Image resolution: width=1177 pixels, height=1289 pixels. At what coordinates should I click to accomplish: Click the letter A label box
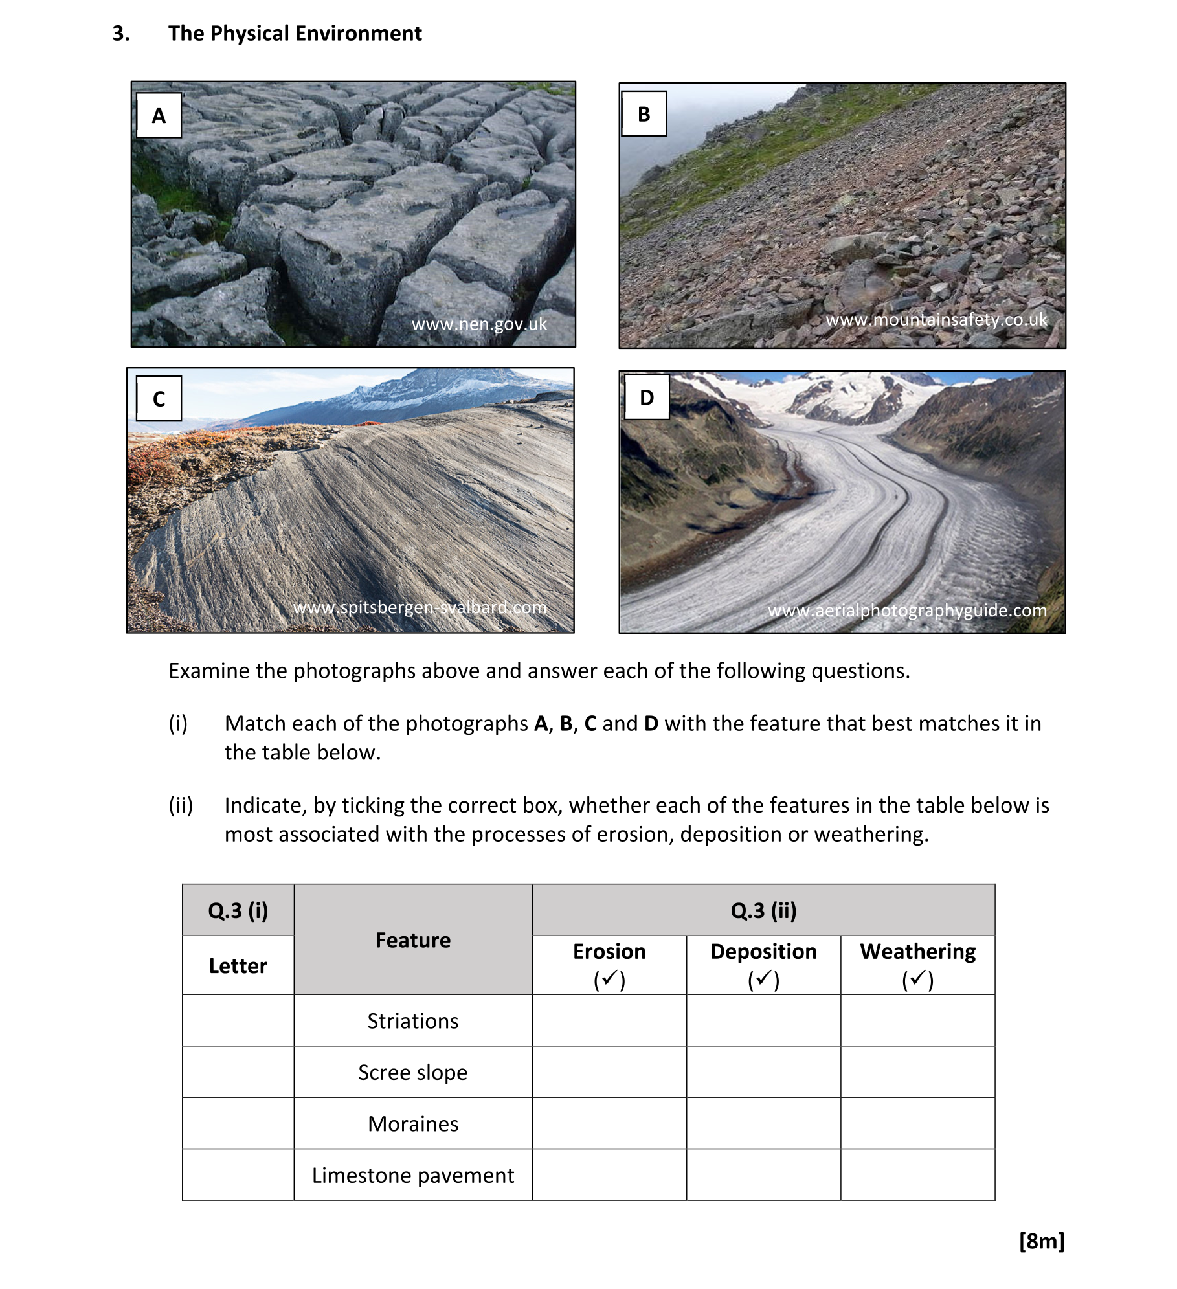[159, 115]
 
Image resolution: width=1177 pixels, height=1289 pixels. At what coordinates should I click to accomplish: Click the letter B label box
[644, 114]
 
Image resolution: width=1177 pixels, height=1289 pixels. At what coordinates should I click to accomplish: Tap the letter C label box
[159, 398]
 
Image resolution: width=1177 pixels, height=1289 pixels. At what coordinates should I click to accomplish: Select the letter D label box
[647, 397]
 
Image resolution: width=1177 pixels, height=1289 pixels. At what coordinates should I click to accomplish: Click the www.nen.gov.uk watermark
[479, 324]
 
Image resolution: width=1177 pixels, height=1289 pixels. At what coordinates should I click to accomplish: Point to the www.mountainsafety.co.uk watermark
[936, 320]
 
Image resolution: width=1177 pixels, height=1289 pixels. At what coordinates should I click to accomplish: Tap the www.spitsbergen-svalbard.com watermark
[420, 608]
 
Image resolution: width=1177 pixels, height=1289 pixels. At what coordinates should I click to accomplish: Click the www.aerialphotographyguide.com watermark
[907, 611]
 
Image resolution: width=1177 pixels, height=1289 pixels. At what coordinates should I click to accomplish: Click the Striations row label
[413, 1021]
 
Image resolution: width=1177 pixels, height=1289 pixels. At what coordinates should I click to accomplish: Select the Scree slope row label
[413, 1072]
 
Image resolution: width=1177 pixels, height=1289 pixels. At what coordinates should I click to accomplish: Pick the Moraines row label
[413, 1124]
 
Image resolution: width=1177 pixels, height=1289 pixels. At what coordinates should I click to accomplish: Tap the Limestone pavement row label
[413, 1175]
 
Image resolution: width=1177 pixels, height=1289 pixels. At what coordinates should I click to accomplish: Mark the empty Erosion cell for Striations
[609, 1021]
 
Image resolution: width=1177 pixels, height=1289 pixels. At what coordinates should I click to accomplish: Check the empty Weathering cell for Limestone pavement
[917, 1175]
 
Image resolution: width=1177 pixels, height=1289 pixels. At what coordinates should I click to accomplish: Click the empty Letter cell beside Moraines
[238, 1124]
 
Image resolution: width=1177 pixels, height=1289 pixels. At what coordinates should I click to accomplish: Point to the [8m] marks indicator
[1042, 1241]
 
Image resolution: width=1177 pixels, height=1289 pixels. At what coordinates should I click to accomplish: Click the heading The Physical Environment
[295, 33]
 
